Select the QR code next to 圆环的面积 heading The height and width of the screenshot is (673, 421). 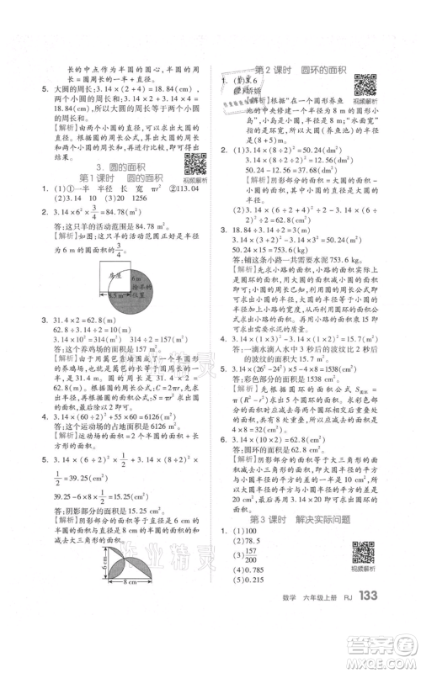(365, 87)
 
